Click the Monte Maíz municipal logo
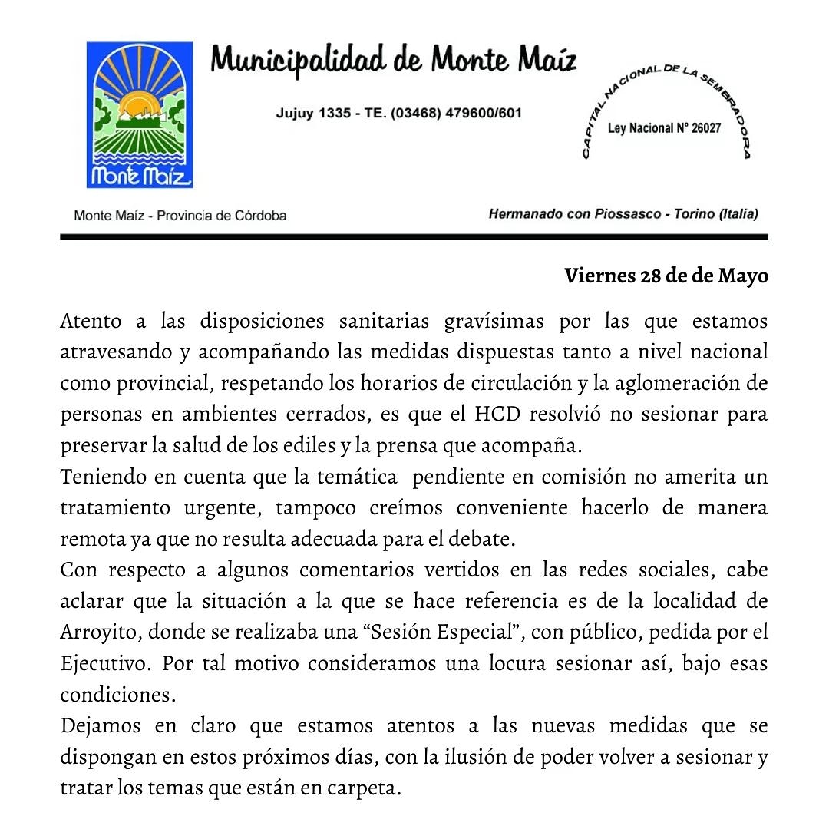(139, 115)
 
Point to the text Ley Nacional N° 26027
(664, 128)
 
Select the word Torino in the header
(693, 213)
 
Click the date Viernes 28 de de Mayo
(666, 276)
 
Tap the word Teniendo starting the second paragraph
(103, 477)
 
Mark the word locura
(517, 663)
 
